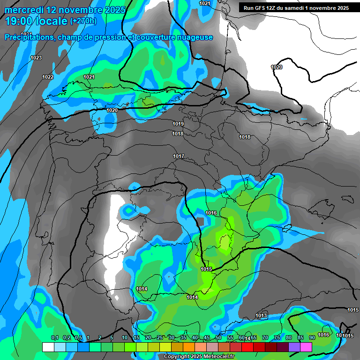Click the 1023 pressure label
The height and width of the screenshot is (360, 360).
(36, 58)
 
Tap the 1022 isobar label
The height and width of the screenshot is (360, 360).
(48, 77)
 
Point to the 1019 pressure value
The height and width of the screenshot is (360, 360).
(178, 124)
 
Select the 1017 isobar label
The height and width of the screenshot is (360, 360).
(178, 156)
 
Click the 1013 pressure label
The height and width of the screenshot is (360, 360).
(261, 315)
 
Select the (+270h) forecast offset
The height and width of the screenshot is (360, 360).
(83, 21)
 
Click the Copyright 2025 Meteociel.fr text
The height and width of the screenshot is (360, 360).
(199, 356)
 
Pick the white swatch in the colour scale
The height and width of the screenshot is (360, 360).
(48, 347)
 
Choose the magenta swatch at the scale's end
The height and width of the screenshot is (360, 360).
(306, 347)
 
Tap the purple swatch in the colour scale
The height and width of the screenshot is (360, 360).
(294, 347)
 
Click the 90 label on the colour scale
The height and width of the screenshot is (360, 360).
(312, 337)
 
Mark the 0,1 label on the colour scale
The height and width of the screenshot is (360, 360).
(54, 337)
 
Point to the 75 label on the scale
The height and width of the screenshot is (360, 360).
(277, 337)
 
